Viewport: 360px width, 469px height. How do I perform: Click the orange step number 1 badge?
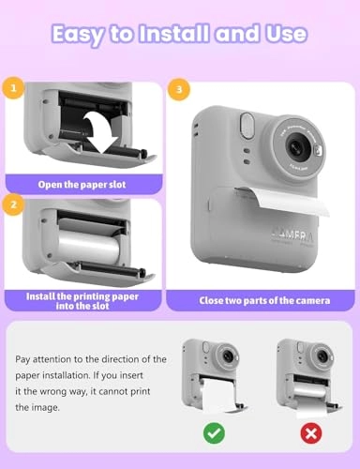(x=13, y=91)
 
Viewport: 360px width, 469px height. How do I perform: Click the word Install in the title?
(x=165, y=34)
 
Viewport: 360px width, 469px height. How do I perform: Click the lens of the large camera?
(x=297, y=146)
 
